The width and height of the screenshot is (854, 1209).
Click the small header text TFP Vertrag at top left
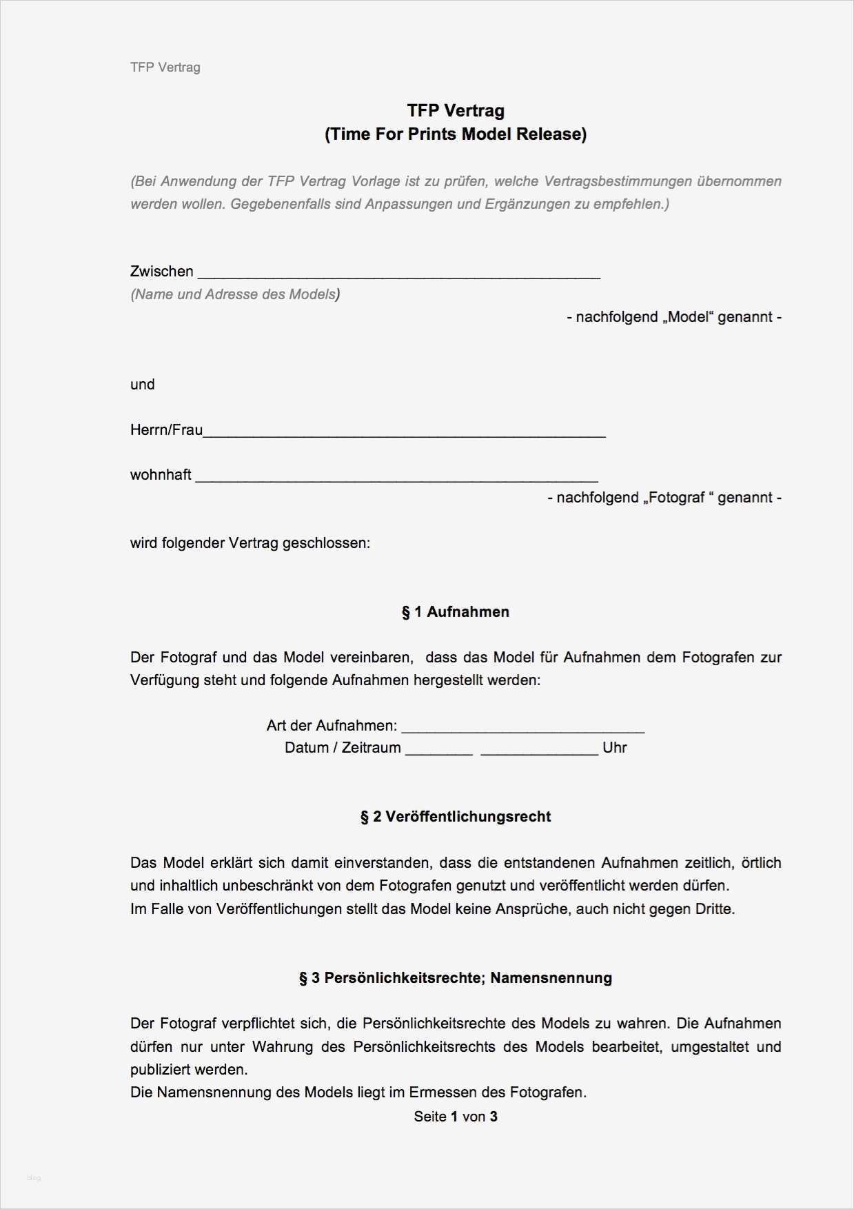click(x=165, y=68)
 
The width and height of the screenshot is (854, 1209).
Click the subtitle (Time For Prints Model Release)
click(x=456, y=134)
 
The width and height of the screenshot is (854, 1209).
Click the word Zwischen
click(x=161, y=272)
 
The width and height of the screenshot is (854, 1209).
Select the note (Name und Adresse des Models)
click(x=235, y=294)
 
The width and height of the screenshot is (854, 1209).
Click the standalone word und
click(x=143, y=385)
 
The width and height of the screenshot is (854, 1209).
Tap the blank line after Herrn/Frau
click(x=404, y=434)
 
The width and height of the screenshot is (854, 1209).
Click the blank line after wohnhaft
click(x=396, y=478)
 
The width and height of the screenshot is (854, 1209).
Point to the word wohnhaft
click(x=161, y=475)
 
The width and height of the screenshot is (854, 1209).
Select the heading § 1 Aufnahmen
click(x=456, y=612)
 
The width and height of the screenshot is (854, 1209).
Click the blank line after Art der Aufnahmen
click(x=522, y=729)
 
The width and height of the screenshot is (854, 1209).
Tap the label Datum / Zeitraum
click(x=343, y=748)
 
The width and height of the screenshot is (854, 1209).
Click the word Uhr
click(x=614, y=748)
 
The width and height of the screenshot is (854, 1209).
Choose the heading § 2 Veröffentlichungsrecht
click(x=456, y=817)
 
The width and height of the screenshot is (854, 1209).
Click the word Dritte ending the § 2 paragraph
click(x=714, y=909)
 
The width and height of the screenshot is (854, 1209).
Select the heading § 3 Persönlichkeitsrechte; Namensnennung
click(x=456, y=978)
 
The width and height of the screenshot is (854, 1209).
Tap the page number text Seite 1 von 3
click(x=456, y=1117)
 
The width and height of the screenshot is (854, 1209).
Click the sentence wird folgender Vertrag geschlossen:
click(x=250, y=543)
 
